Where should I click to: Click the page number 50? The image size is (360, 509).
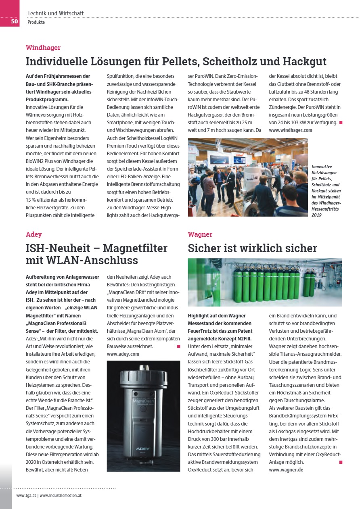point(14,21)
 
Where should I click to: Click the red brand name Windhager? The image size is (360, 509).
point(43,48)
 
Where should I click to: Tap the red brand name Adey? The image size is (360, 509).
point(34,234)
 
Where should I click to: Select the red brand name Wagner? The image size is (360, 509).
point(200,234)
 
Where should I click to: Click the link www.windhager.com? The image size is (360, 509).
point(291,130)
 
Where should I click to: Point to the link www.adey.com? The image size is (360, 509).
point(123,354)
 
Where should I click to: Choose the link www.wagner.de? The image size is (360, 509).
point(286,470)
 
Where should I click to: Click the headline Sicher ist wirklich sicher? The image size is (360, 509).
point(252,248)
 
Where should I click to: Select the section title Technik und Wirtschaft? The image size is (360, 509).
point(56,13)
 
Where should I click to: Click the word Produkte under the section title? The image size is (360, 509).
point(36,22)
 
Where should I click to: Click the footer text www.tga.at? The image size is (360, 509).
point(26,495)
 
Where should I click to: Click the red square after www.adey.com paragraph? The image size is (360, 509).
point(178,346)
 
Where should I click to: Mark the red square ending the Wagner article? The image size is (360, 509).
point(341,462)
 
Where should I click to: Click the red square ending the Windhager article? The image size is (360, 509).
point(341,122)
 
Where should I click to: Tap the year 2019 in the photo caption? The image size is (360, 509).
point(316,215)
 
